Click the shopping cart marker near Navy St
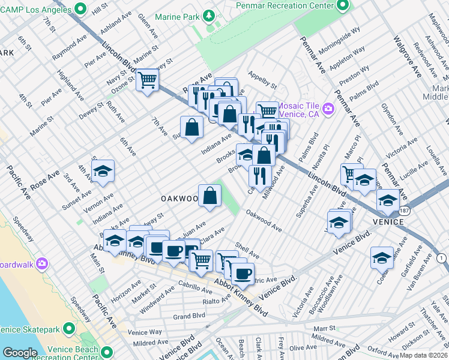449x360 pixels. pyautogui.click(x=147, y=79)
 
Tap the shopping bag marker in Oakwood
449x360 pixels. pyautogui.click(x=209, y=196)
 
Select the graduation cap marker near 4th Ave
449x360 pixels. pyautogui.click(x=104, y=171)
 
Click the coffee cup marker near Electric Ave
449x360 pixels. pyautogui.click(x=243, y=274)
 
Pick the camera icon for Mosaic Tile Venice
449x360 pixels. pyautogui.click(x=328, y=109)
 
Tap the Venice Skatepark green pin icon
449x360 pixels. pyautogui.click(x=68, y=328)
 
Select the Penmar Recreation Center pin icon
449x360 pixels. pyautogui.click(x=343, y=5)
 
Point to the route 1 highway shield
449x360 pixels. pyautogui.click(x=442, y=257)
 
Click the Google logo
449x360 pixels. pyautogui.click(x=20, y=353)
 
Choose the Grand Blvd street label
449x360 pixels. pyautogui.click(x=189, y=316)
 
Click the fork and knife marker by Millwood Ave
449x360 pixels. pyautogui.click(x=260, y=175)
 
